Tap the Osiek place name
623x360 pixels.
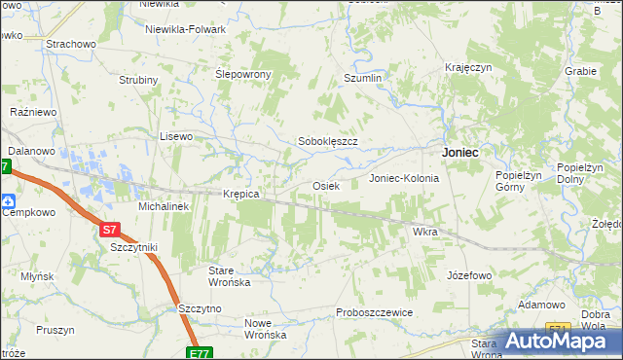click(324, 185)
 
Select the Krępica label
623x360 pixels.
click(240, 194)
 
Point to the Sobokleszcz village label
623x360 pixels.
click(328, 141)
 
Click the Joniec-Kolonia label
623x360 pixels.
click(404, 179)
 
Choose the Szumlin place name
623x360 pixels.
click(364, 77)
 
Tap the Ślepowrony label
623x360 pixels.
click(242, 74)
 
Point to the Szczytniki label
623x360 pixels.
click(134, 248)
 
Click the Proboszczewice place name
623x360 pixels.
click(375, 312)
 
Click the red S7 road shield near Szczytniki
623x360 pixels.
click(110, 231)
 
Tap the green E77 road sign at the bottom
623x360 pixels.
click(200, 353)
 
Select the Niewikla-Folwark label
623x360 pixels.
click(185, 29)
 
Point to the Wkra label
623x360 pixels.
click(425, 233)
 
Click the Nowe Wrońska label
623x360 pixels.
click(265, 329)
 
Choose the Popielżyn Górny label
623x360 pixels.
click(518, 180)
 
